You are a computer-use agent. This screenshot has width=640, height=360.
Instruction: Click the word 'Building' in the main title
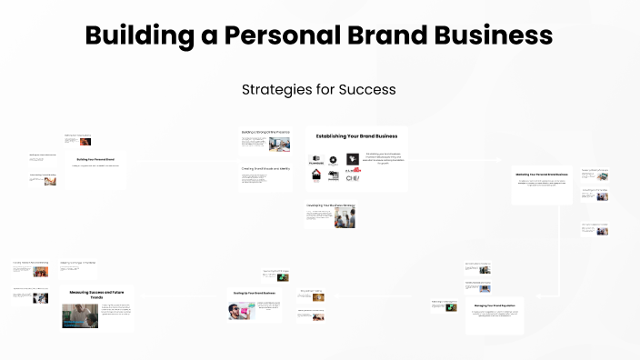point(131,35)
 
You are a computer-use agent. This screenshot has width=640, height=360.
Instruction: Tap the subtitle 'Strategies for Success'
point(319,90)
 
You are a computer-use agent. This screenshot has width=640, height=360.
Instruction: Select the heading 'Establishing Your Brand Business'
point(355,136)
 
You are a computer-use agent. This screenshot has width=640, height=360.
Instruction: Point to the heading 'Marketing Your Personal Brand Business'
point(542,174)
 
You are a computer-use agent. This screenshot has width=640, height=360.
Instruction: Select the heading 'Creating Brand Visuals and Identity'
point(265,168)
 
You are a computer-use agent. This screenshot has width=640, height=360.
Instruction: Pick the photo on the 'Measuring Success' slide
point(80,315)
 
